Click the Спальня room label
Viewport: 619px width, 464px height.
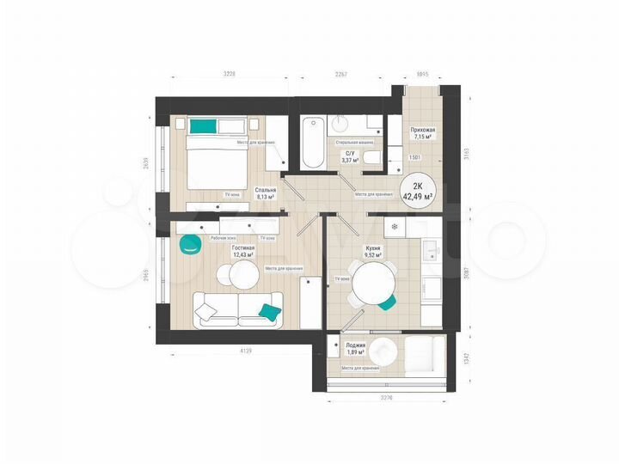(265, 191)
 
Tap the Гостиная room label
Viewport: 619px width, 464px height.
(243, 247)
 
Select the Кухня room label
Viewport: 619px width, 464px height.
(373, 247)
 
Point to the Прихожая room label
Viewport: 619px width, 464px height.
(423, 130)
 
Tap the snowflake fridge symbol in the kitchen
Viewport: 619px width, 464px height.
(395, 227)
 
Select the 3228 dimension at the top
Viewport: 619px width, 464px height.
(229, 75)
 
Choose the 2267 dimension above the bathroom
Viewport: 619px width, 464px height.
(340, 75)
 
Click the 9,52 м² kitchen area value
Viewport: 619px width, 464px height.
(373, 255)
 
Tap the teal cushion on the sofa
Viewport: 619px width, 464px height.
(270, 309)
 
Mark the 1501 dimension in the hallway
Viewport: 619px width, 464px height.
(414, 158)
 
